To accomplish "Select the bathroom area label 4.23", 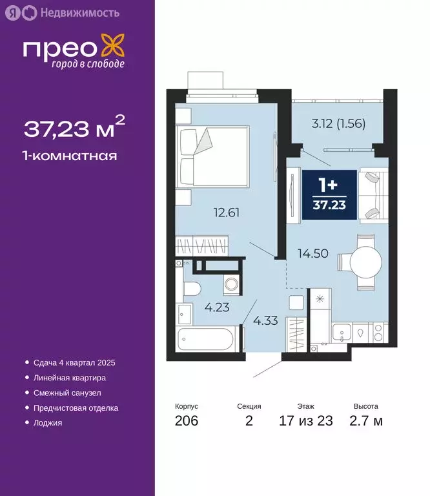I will pos(218,307).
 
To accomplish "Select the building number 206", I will pos(186,422).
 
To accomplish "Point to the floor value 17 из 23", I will pos(306,422).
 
